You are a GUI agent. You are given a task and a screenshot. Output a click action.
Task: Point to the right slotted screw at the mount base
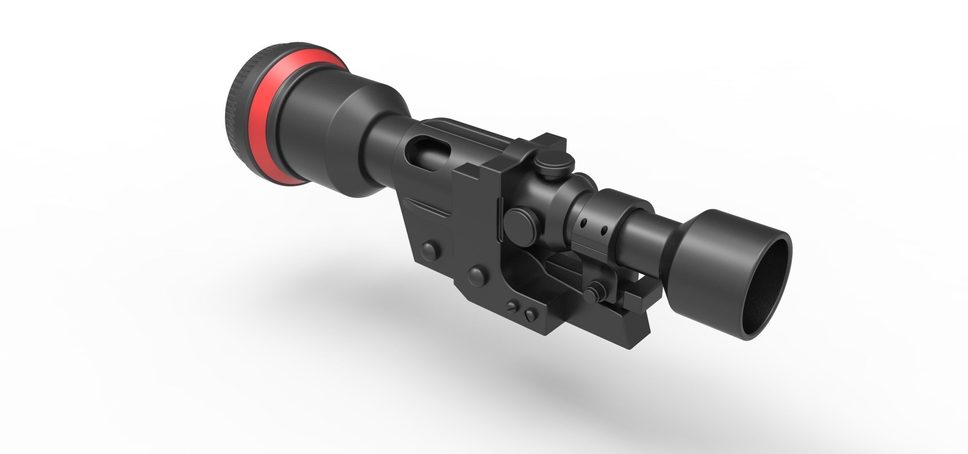(x=530, y=313)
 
